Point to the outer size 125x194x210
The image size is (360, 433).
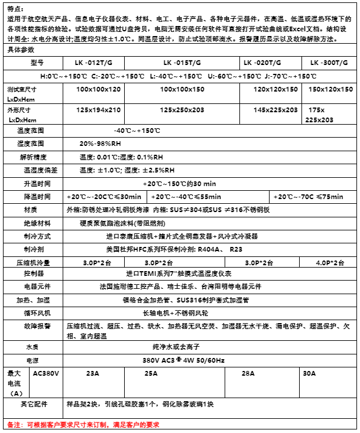pyautogui.click(x=98, y=110)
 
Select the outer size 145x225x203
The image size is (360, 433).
pyautogui.click(x=275, y=110)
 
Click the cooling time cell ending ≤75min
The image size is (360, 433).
pyautogui.click(x=313, y=196)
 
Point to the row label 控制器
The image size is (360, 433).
pyautogui.click(x=33, y=274)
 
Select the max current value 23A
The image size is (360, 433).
pyautogui.click(x=93, y=373)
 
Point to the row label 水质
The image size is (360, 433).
pyautogui.click(x=33, y=347)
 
